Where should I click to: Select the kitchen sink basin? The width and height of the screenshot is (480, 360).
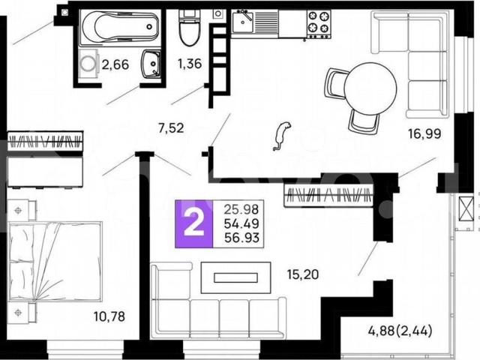[242, 22]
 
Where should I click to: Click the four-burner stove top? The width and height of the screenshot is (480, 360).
[319, 24]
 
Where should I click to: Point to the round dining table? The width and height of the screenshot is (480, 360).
[370, 88]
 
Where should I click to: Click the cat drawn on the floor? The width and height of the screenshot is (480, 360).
[282, 136]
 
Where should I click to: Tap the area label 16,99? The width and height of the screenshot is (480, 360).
[424, 133]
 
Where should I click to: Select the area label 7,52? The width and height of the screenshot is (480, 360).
[171, 128]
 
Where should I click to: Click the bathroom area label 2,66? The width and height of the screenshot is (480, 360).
[115, 65]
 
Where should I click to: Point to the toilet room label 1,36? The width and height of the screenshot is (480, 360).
[190, 64]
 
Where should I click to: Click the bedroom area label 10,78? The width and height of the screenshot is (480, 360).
[109, 316]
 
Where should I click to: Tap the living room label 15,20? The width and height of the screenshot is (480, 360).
[303, 274]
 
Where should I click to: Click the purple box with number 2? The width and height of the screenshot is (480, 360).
[193, 223]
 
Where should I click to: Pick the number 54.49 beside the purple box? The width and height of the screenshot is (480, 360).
[241, 223]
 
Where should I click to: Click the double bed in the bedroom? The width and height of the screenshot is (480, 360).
[55, 262]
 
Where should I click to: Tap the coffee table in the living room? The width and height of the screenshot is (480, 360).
[235, 277]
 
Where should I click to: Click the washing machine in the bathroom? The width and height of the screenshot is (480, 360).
[88, 64]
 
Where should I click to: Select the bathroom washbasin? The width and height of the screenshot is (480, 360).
[151, 64]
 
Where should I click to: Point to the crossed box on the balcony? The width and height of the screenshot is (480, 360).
[466, 209]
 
